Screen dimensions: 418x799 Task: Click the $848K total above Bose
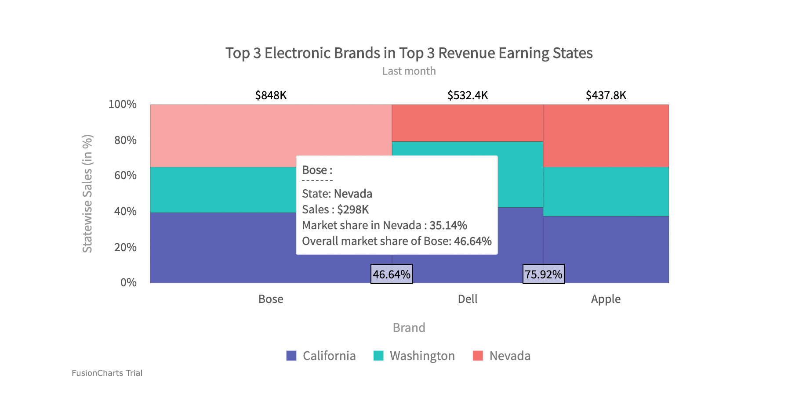coord(271,95)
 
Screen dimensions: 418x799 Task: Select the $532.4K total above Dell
coord(468,95)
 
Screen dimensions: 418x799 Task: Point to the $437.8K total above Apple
coord(606,95)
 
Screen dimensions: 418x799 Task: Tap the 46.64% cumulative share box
coord(392,274)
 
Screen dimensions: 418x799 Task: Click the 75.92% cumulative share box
coord(543,274)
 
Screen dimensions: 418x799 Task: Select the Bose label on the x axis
coord(271,299)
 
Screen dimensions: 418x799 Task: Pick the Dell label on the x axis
coord(468,299)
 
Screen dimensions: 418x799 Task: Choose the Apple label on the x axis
coord(606,299)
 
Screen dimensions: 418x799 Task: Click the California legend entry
coord(321,356)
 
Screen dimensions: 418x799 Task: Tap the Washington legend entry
coord(414,356)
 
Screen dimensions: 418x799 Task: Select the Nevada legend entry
coord(502,356)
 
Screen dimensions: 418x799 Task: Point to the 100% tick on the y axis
coord(123,104)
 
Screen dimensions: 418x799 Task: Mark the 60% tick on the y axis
coord(125,176)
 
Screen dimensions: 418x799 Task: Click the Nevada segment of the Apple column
coord(606,136)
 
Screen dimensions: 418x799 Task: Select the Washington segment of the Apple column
coord(606,191)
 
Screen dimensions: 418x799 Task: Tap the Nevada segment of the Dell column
coord(468,123)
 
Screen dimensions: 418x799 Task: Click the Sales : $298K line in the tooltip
coord(335,209)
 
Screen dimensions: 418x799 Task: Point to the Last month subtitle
coord(409,71)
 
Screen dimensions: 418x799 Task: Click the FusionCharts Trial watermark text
coord(107,373)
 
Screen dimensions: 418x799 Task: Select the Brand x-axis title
coord(409,328)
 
